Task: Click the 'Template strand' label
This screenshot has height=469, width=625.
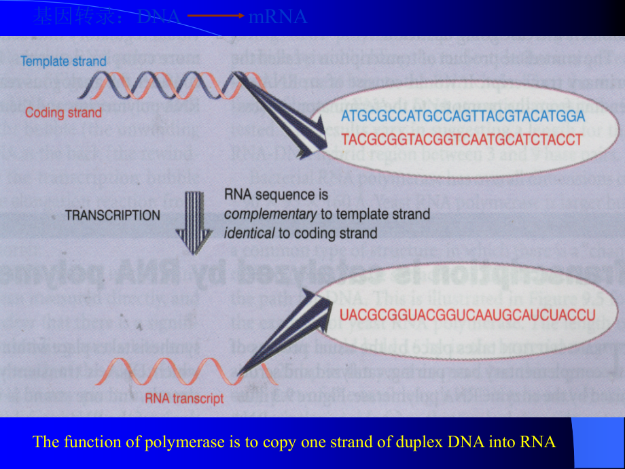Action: (63, 62)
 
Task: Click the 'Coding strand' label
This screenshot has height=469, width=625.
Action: (63, 113)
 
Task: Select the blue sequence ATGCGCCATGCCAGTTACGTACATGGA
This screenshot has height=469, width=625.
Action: (463, 117)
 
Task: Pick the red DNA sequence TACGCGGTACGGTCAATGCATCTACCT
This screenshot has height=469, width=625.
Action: (463, 139)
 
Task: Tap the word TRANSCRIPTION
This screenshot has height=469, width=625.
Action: (113, 215)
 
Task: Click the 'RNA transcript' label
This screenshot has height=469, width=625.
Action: (184, 399)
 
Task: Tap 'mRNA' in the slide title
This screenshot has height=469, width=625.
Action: (278, 17)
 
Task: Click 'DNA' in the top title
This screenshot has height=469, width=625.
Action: (158, 17)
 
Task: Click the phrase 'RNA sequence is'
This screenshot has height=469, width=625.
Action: (276, 196)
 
